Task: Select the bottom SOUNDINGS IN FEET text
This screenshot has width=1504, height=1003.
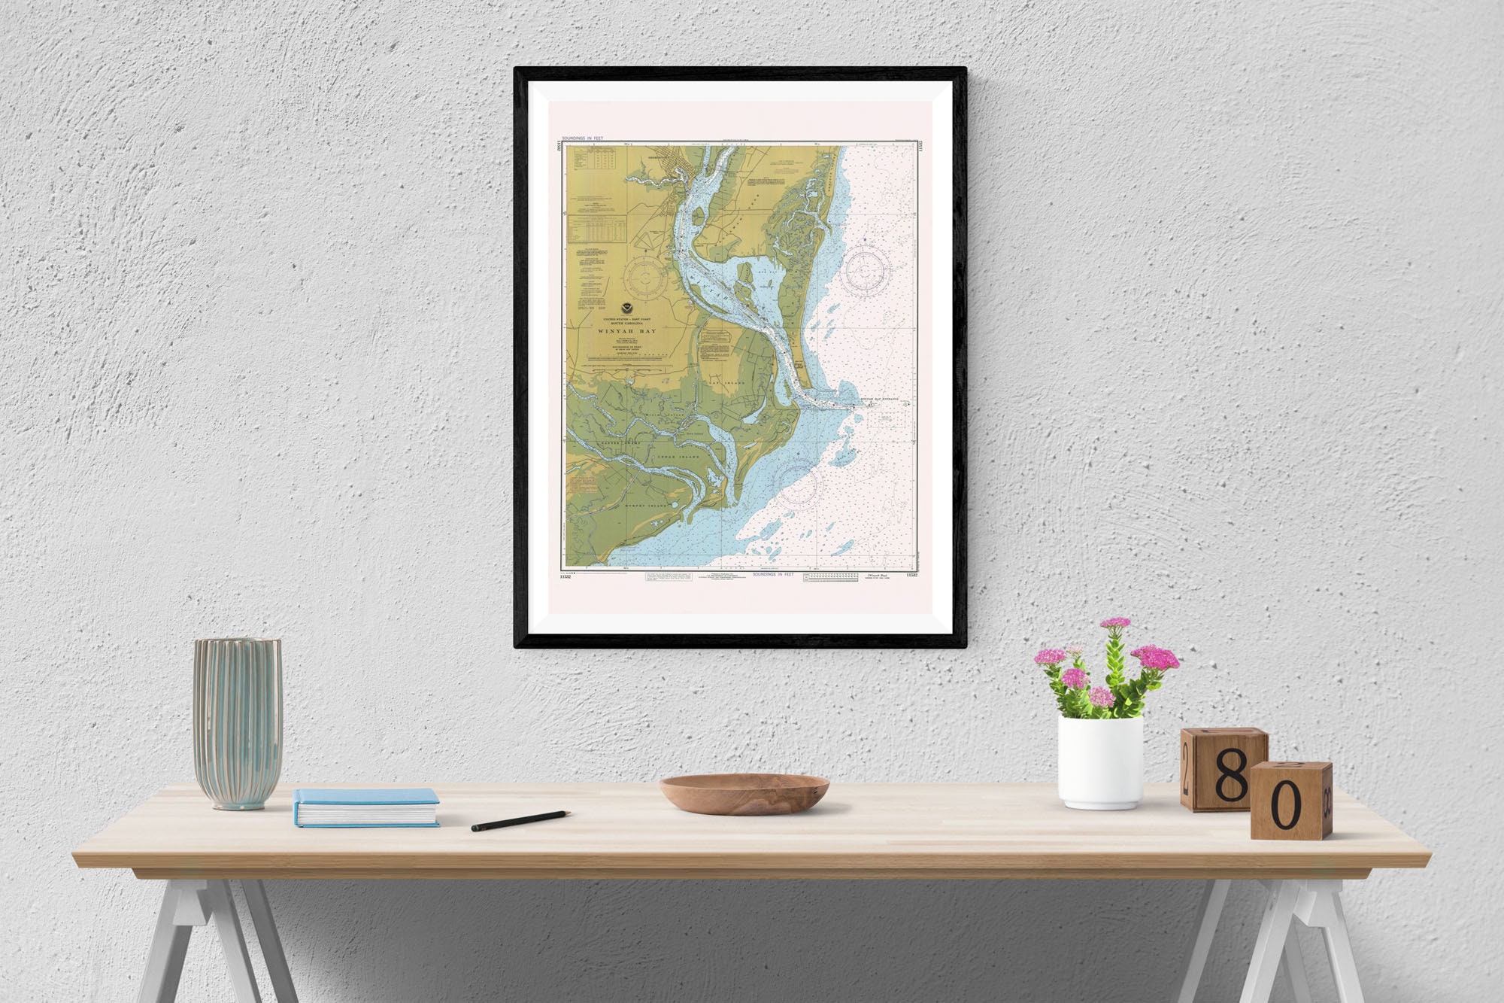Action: click(773, 574)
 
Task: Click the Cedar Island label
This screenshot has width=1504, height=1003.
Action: click(679, 457)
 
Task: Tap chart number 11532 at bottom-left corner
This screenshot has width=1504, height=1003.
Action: click(566, 576)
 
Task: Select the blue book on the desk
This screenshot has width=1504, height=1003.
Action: click(365, 807)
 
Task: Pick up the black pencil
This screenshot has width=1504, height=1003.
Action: click(520, 820)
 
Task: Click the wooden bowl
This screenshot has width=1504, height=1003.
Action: click(744, 793)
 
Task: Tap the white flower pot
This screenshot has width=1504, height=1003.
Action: click(1100, 761)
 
